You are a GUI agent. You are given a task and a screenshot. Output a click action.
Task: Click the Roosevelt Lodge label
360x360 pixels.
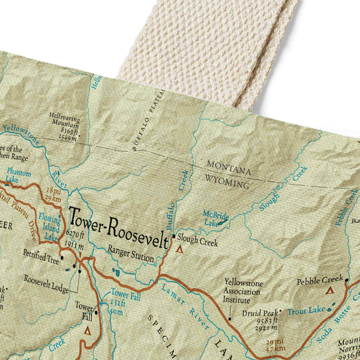(x=47, y=279)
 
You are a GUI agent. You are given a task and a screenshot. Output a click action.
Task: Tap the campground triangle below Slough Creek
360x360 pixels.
(x=179, y=247)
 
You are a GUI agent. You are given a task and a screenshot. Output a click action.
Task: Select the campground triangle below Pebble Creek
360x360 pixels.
(x=329, y=290)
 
